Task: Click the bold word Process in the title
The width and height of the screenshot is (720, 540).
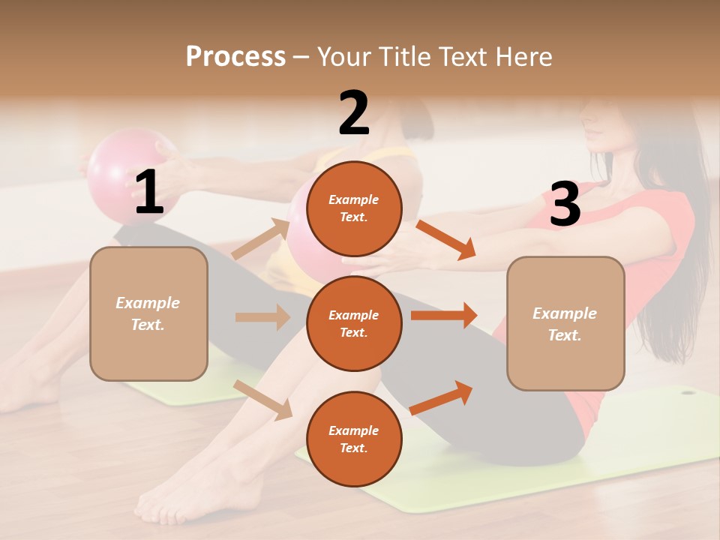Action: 235,56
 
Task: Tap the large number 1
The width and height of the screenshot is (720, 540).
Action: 149,193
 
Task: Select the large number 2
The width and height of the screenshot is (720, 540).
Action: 354,113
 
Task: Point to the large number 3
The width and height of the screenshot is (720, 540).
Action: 565,204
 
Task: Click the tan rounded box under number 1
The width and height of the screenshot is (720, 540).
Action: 148,313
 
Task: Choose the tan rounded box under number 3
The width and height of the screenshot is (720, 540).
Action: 565,323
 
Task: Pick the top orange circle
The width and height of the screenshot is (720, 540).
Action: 354,208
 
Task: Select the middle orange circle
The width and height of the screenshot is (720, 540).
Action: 354,323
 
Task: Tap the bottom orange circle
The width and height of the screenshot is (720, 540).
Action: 354,439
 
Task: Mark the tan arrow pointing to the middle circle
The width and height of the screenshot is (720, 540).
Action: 262,317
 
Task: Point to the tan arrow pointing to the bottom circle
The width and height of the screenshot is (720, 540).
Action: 263,400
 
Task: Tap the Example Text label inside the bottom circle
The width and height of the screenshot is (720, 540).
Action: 354,439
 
